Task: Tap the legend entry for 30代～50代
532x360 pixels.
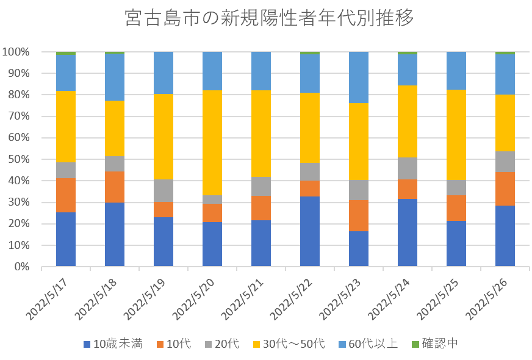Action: [x=290, y=344]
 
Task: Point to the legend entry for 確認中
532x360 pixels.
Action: [x=436, y=344]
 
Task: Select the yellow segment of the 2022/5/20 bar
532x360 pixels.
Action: [x=212, y=142]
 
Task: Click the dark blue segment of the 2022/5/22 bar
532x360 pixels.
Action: [x=310, y=231]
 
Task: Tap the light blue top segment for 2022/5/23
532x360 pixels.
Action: [x=359, y=77]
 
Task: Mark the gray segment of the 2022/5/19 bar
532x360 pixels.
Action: [x=164, y=191]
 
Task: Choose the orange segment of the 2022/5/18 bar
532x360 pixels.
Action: [x=115, y=187]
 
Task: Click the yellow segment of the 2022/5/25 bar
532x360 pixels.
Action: [x=456, y=135]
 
